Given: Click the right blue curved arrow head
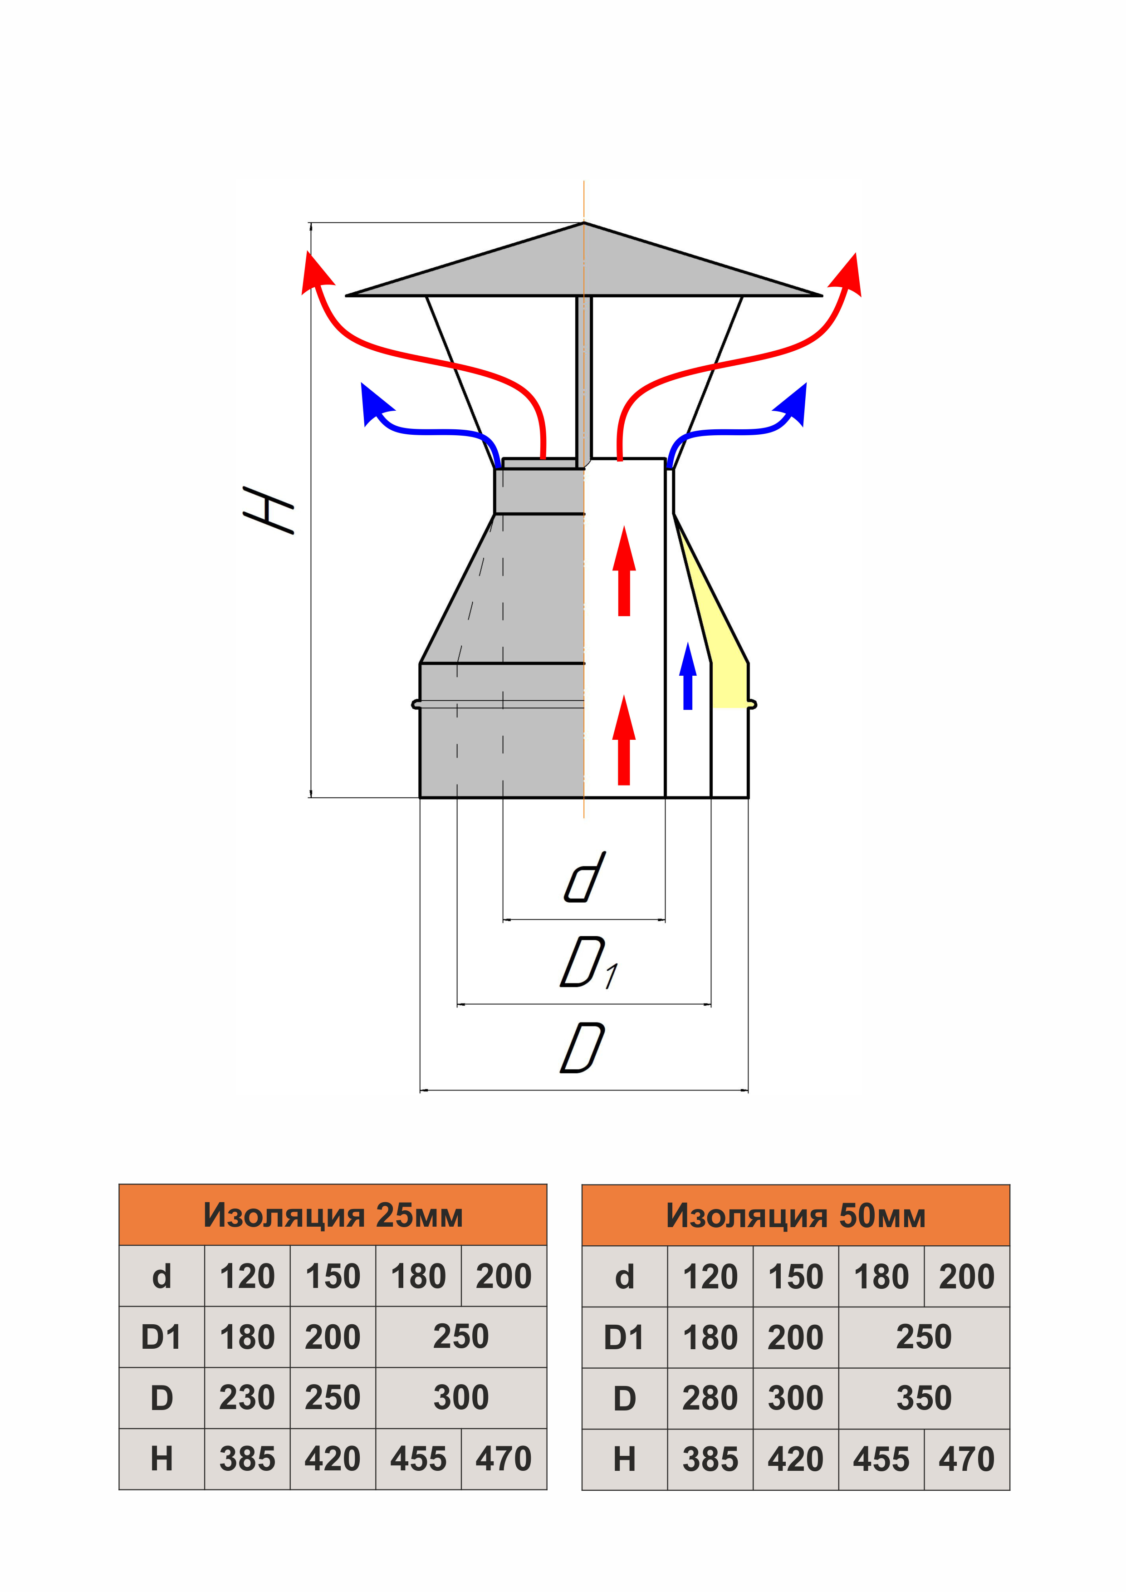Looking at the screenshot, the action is [x=792, y=403].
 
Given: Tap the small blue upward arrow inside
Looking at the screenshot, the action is [x=688, y=676].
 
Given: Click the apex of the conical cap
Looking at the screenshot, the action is [x=584, y=223].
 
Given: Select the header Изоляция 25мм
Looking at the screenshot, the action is [x=333, y=1215].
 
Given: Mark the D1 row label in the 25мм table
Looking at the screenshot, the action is [x=161, y=1337].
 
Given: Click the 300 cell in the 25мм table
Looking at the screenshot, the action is [x=461, y=1398].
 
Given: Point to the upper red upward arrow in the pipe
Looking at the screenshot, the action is [x=624, y=570].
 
